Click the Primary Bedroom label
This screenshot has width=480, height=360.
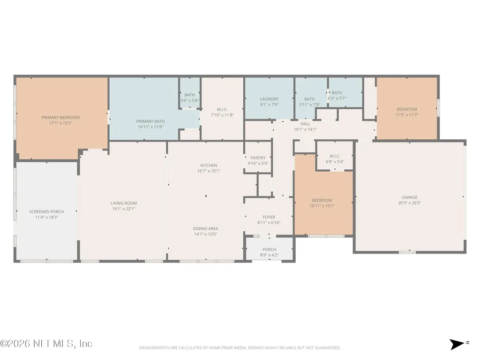pyautogui.click(x=60, y=118)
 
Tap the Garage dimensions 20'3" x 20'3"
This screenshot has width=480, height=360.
pyautogui.click(x=410, y=203)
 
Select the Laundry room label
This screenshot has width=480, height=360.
pyautogui.click(x=270, y=99)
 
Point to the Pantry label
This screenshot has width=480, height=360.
pyautogui.click(x=258, y=158)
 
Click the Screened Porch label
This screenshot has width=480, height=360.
pyautogui.click(x=46, y=212)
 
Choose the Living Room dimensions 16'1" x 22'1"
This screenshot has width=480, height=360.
pyautogui.click(x=124, y=209)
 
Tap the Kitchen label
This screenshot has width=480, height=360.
pyautogui.click(x=209, y=165)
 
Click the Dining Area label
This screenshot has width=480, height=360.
pyautogui.click(x=206, y=229)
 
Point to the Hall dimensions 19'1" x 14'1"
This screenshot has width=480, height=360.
pyautogui.click(x=305, y=129)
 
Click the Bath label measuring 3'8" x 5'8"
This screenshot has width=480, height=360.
pyautogui.click(x=189, y=95)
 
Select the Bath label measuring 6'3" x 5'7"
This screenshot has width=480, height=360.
pyautogui.click(x=337, y=93)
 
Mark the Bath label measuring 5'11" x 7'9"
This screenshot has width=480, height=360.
pyautogui.click(x=309, y=99)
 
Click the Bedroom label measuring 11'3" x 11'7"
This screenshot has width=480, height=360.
pyautogui.click(x=407, y=109)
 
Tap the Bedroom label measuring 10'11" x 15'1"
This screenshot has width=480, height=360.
pyautogui.click(x=322, y=201)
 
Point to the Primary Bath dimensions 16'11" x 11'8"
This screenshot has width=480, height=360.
pyautogui.click(x=150, y=127)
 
